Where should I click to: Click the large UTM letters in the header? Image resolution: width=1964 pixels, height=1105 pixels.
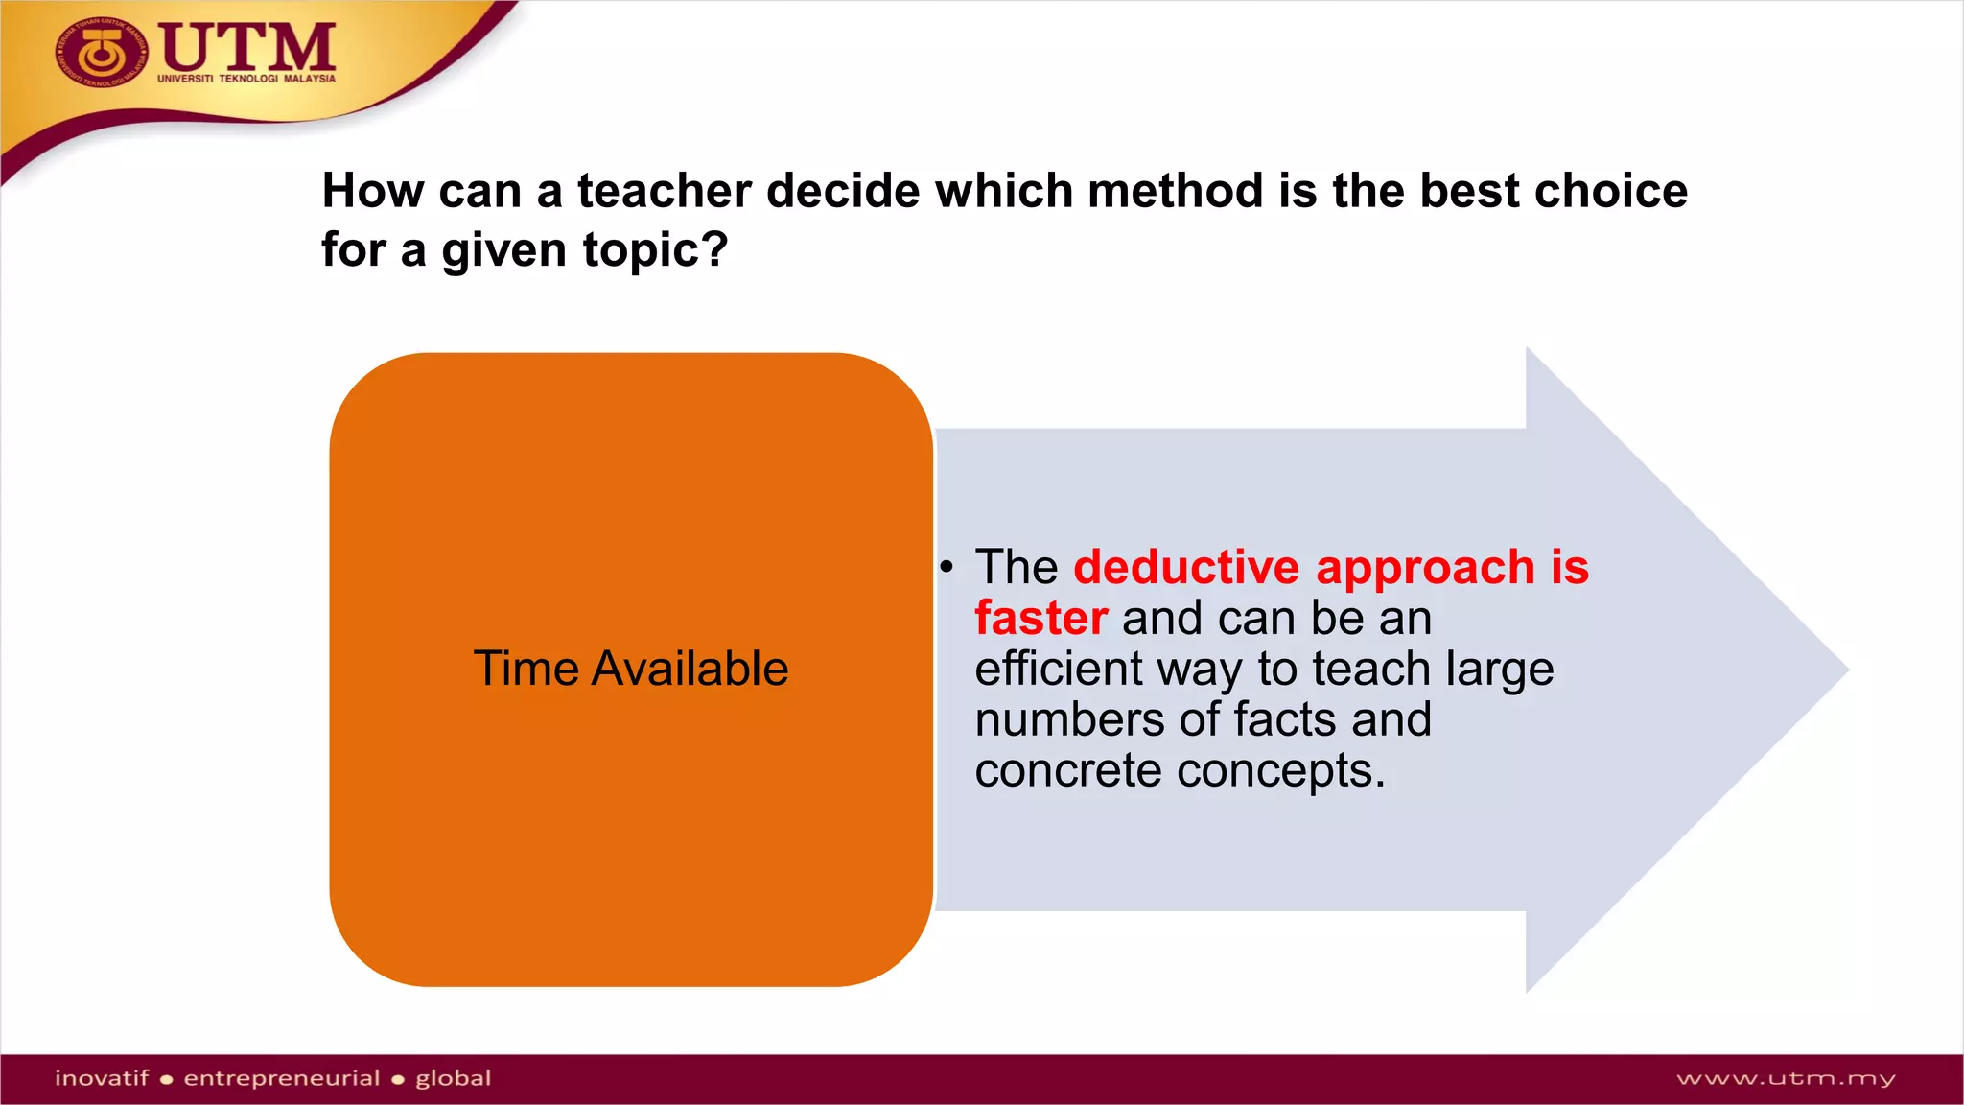[x=247, y=46]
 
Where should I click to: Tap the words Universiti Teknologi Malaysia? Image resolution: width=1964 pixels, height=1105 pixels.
[x=246, y=79]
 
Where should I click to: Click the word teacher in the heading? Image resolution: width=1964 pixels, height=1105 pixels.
[x=665, y=191]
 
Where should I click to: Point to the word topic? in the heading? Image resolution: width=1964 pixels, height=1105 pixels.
[x=655, y=251]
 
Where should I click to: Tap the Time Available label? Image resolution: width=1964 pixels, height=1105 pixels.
[x=630, y=669]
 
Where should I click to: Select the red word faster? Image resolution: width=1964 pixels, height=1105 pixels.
[x=1040, y=618]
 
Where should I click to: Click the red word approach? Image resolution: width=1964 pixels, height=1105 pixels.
[x=1425, y=567]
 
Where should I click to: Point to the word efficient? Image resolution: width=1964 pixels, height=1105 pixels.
[x=1059, y=669]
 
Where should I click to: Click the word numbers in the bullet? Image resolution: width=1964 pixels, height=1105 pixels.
[x=1069, y=719]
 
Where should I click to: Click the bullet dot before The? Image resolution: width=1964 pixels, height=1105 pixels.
[x=947, y=567]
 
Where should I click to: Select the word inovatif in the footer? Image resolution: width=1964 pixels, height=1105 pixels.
[x=102, y=1078]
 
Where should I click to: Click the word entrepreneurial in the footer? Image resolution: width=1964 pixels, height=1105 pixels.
[x=281, y=1078]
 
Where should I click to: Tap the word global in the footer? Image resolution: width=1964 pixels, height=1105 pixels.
[x=453, y=1078]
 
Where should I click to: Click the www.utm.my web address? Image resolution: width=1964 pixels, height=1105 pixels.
[x=1785, y=1079]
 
